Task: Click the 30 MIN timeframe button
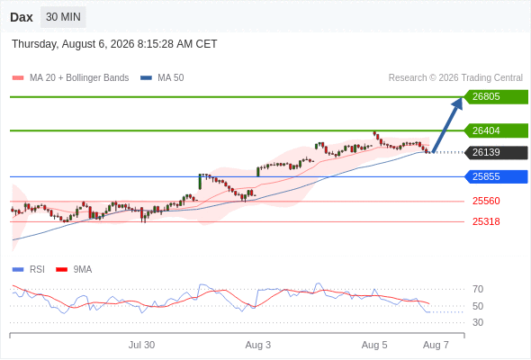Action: tap(63, 17)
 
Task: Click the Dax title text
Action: tap(22, 17)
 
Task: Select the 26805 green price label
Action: tap(496, 97)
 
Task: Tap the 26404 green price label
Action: tap(496, 130)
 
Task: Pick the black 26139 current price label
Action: tap(496, 152)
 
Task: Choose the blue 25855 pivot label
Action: tap(496, 176)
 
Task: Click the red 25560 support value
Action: tap(486, 202)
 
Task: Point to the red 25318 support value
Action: tap(486, 221)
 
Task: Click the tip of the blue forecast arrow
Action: tap(461, 97)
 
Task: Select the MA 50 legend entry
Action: tap(162, 78)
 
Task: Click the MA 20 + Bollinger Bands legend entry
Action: tap(70, 78)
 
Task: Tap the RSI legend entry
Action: tap(29, 270)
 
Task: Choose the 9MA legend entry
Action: tap(74, 270)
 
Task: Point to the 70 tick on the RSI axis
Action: tap(478, 289)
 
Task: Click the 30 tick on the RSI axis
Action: tap(478, 322)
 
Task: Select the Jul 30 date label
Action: tap(141, 345)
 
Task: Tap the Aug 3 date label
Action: tap(258, 345)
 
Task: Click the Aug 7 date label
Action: tap(436, 345)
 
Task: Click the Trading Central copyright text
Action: tap(455, 78)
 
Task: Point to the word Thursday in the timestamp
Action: tap(34, 44)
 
